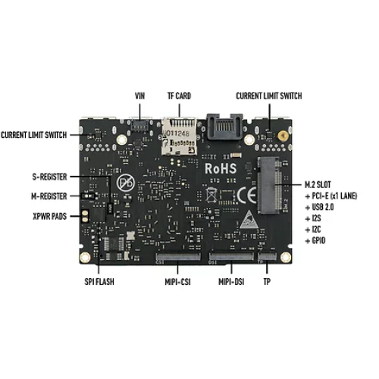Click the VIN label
click(x=139, y=96)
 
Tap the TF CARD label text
click(x=179, y=96)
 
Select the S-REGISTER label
click(x=49, y=177)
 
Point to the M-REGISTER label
click(x=49, y=196)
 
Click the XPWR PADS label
click(x=49, y=216)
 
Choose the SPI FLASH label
click(x=99, y=282)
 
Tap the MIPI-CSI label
click(x=177, y=282)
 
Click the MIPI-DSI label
click(x=231, y=282)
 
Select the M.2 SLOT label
click(x=318, y=185)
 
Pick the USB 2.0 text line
click(x=319, y=207)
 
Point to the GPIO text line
click(x=315, y=240)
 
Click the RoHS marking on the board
click(x=221, y=168)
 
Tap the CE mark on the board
click(x=246, y=196)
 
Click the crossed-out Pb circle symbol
click(x=126, y=183)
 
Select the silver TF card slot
click(x=179, y=136)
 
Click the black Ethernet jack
click(x=224, y=127)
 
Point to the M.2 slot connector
click(x=270, y=185)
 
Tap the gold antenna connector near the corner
click(x=283, y=136)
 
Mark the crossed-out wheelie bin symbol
click(x=211, y=195)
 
